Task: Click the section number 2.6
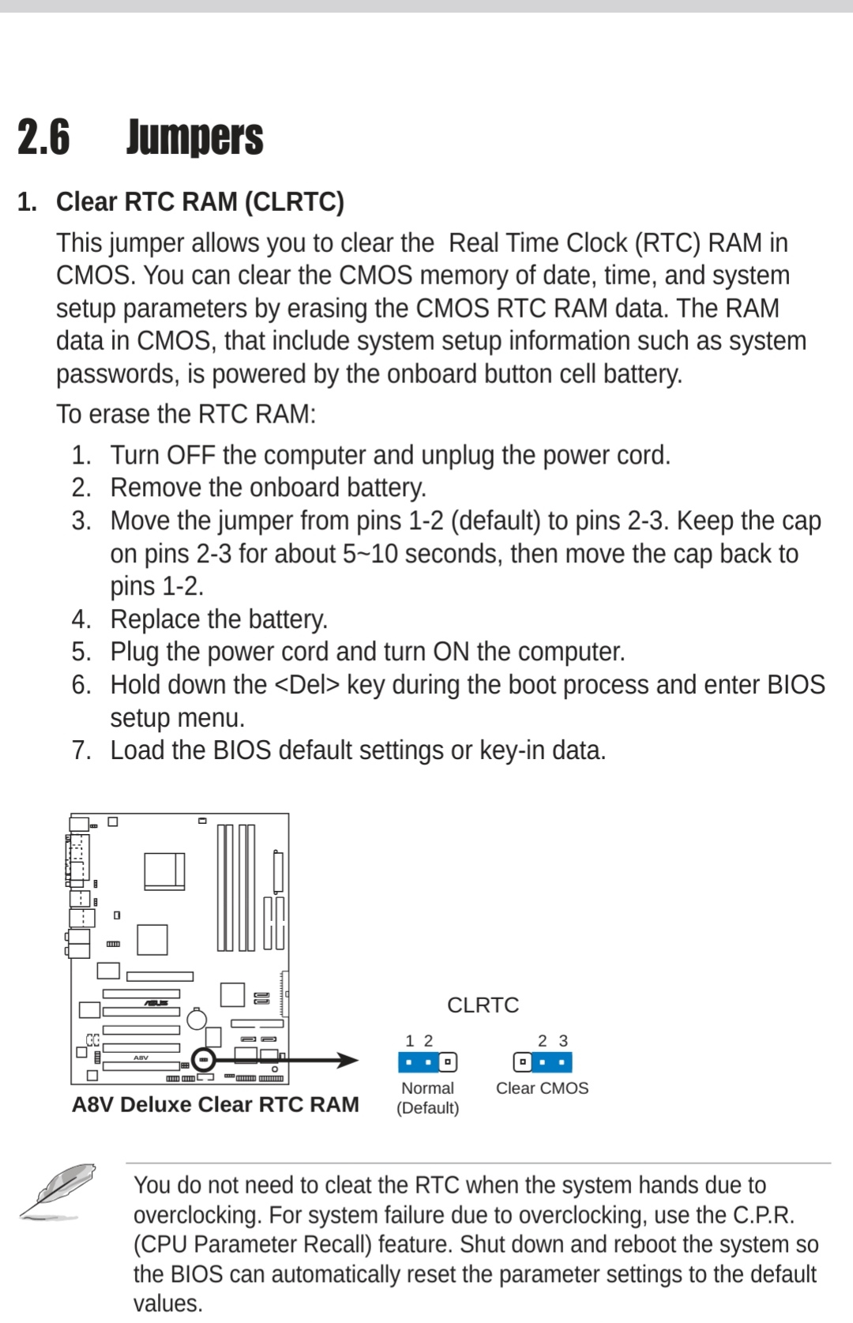pos(43,137)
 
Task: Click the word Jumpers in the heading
pos(194,137)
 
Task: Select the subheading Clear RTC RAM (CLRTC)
pos(200,202)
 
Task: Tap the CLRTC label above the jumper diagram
pos(483,1005)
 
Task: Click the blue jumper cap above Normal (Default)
pos(418,1062)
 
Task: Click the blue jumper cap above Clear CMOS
pos(551,1062)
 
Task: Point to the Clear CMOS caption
pos(542,1088)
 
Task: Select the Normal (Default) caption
pos(427,1098)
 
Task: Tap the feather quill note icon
pos(58,1191)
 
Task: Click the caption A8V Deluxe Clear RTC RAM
pos(215,1104)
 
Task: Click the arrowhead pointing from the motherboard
pos(348,1060)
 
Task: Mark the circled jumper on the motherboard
pos(204,1059)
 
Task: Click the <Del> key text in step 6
pos(307,685)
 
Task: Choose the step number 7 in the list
pos(81,750)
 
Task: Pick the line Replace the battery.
pos(219,619)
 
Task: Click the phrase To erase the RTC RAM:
pos(186,414)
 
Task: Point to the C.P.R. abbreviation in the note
pos(763,1215)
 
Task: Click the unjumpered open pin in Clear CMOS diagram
pos(522,1062)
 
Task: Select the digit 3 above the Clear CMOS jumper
pos(563,1041)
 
